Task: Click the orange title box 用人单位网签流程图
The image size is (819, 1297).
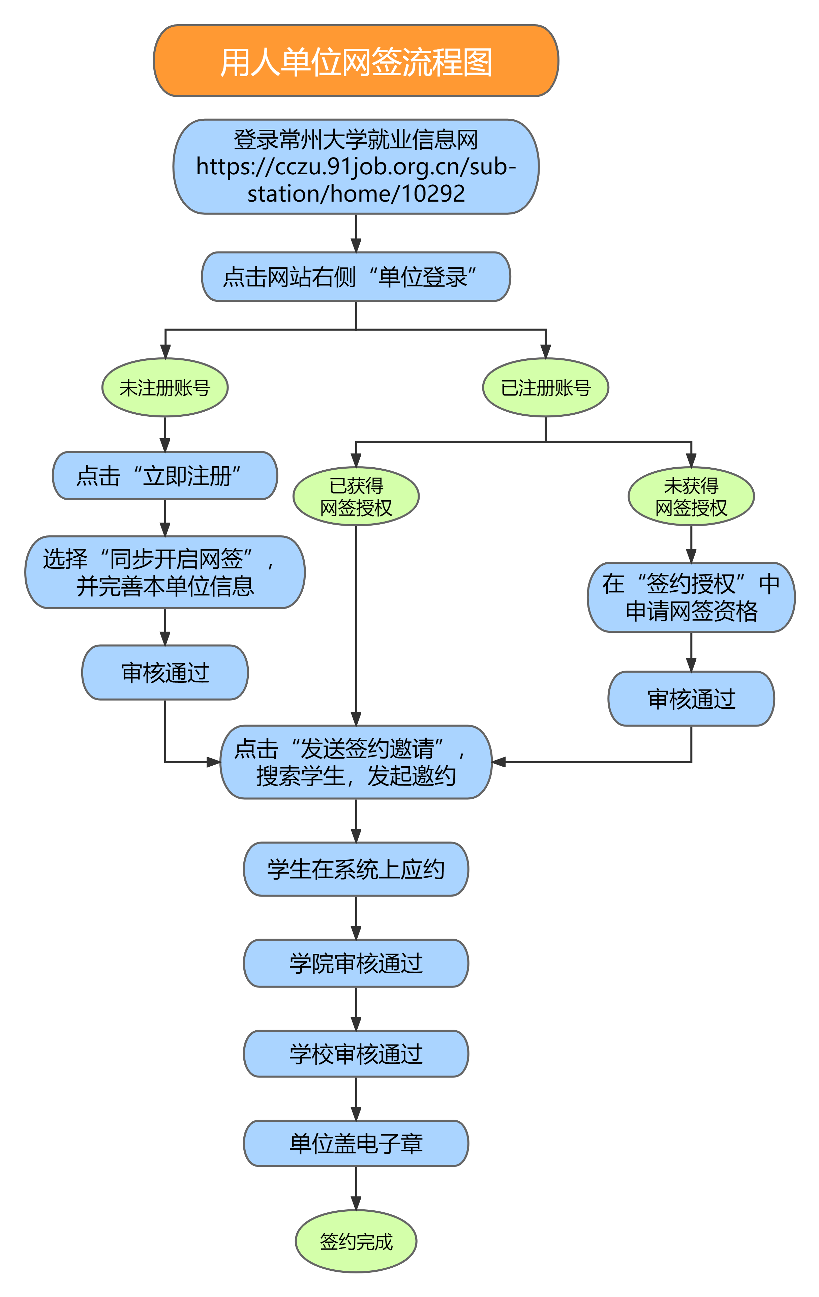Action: click(x=356, y=61)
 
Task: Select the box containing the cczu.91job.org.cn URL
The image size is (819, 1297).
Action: click(x=356, y=167)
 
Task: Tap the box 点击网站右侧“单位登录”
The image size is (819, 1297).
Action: click(x=356, y=276)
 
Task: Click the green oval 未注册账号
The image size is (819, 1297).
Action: click(x=165, y=387)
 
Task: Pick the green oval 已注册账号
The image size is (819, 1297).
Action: click(x=545, y=387)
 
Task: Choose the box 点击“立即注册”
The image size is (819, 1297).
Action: click(x=165, y=476)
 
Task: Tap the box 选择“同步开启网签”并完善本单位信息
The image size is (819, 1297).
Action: click(x=165, y=572)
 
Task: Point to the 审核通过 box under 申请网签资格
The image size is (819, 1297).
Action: click(x=691, y=699)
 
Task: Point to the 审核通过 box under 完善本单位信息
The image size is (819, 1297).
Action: click(x=165, y=672)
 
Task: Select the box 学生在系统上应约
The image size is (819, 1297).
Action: click(x=356, y=869)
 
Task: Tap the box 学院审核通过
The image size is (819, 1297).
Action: click(x=356, y=963)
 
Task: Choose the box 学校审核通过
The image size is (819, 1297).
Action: click(x=356, y=1054)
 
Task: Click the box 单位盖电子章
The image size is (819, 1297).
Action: click(x=356, y=1143)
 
